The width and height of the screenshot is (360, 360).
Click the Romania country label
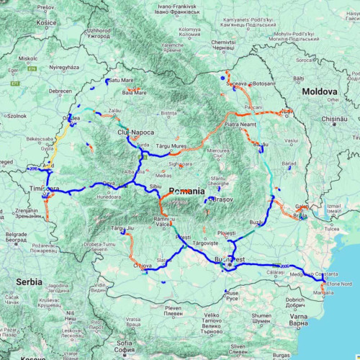pyautogui.click(x=187, y=191)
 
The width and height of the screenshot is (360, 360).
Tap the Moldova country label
pyautogui.click(x=320, y=92)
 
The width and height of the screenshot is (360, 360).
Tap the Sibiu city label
pyautogui.click(x=155, y=186)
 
